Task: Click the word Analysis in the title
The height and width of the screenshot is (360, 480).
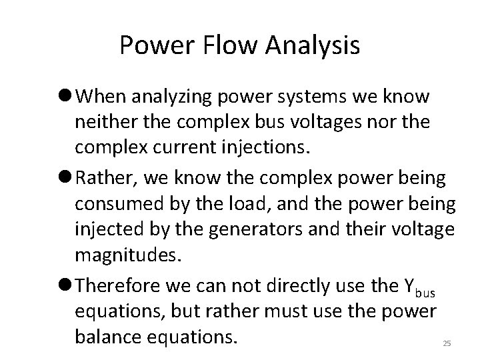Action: click(x=314, y=46)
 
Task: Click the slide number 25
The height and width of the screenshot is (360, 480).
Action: click(x=447, y=343)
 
